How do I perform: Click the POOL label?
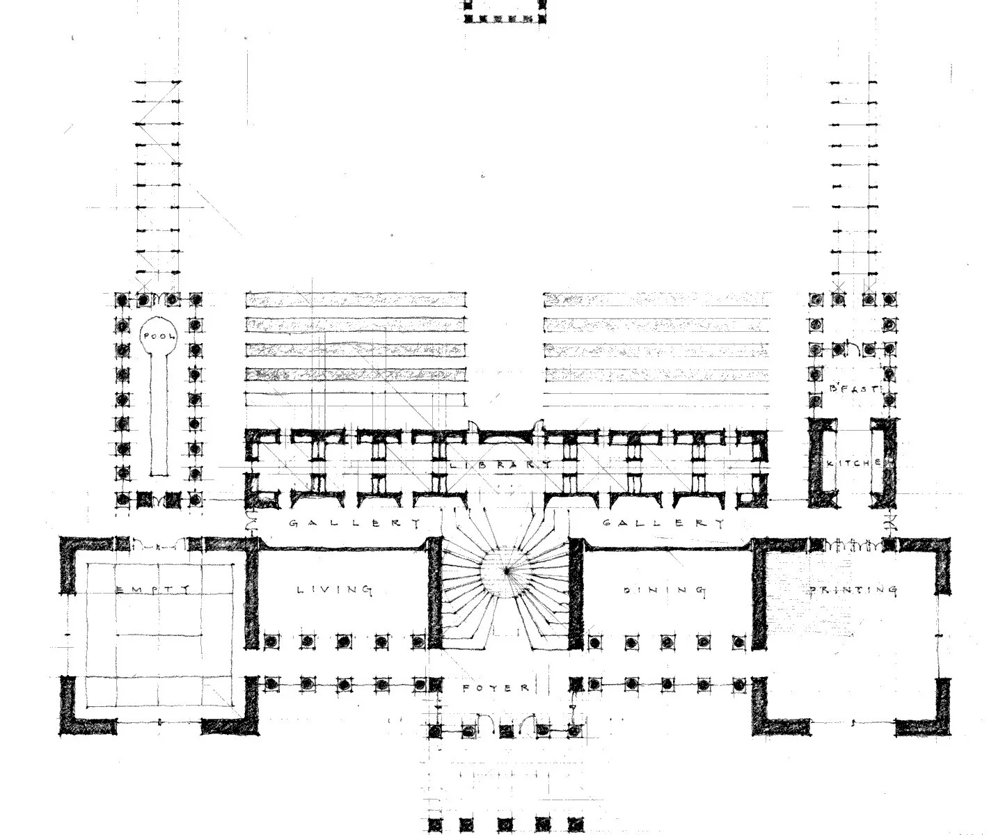(x=159, y=336)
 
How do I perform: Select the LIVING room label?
(x=335, y=590)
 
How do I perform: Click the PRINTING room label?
(x=853, y=590)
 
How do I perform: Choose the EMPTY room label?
(x=152, y=590)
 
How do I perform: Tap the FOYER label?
(x=496, y=687)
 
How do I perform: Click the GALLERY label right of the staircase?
(x=663, y=523)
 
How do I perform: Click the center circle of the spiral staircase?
(x=507, y=571)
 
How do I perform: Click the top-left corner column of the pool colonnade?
(x=123, y=300)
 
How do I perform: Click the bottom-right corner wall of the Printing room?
(x=933, y=724)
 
